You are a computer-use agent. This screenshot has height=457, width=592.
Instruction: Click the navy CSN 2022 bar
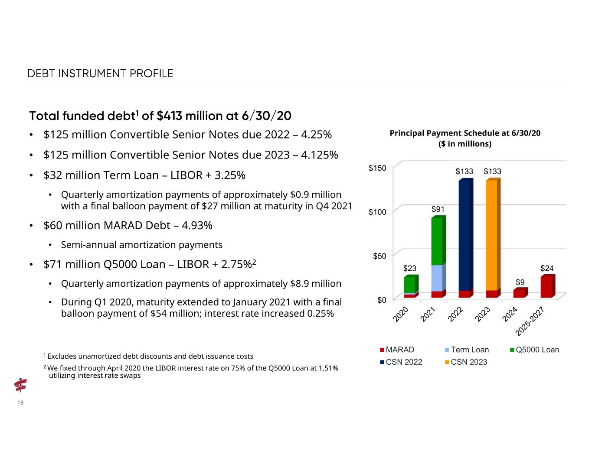pos(466,235)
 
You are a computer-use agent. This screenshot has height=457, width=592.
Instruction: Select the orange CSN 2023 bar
pos(494,235)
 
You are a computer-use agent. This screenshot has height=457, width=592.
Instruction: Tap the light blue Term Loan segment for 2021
pos(438,278)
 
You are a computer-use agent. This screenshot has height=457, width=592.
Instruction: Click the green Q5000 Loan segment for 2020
pos(411,284)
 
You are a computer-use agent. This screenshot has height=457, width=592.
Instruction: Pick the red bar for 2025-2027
pos(548,286)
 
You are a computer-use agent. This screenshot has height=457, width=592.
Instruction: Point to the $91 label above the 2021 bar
pos(438,209)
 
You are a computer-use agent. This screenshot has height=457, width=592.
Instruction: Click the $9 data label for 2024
pos(520,282)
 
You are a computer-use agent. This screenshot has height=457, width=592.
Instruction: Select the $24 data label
pos(547,269)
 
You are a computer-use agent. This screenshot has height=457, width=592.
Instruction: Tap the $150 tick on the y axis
pos(377,168)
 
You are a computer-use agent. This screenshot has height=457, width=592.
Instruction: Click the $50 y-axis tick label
pos(379,256)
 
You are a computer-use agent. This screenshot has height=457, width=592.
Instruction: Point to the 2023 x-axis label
pos(482,314)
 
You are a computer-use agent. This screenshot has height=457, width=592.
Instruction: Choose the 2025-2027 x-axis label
pos(530,321)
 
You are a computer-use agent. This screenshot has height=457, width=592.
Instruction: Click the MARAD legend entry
pos(397,350)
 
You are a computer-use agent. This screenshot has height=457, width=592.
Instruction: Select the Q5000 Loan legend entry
pos(534,350)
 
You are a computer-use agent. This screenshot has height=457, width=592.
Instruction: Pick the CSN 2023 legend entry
pos(466,362)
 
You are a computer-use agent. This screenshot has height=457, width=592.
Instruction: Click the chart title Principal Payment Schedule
pos(465,133)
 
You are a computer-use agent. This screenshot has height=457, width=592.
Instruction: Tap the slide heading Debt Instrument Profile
pos(100,74)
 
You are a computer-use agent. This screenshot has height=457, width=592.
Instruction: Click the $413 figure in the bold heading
pos(170,116)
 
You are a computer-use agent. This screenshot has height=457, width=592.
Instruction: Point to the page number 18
pos(20,402)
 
